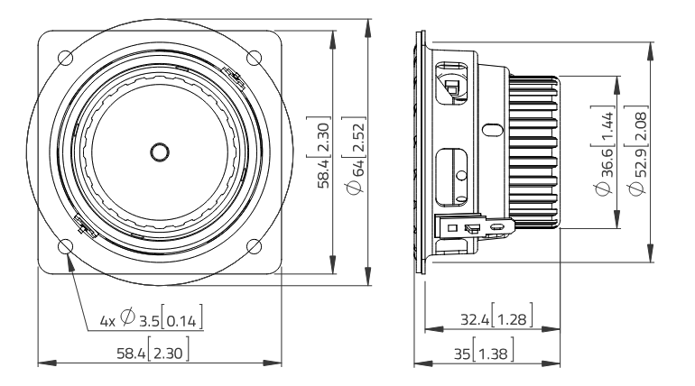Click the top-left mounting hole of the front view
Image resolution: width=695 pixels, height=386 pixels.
pyautogui.click(x=65, y=58)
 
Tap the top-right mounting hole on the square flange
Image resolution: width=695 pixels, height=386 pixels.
pyautogui.click(x=255, y=58)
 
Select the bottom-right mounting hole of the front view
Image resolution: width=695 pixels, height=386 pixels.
pyautogui.click(x=255, y=247)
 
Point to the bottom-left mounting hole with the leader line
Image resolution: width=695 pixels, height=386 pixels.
pyautogui.click(x=65, y=247)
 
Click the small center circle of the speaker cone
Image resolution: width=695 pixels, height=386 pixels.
pyautogui.click(x=160, y=152)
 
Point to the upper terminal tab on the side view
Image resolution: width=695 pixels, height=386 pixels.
pyautogui.click(x=450, y=87)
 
